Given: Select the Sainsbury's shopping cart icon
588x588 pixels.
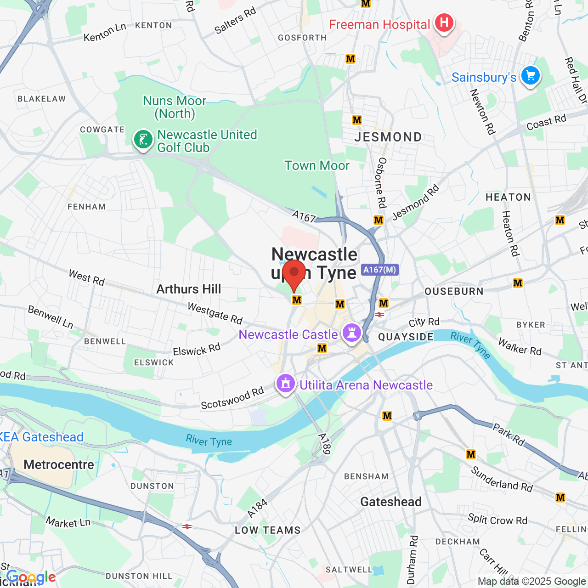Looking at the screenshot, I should click(531, 76).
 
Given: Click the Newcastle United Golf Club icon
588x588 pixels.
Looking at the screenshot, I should click(143, 139).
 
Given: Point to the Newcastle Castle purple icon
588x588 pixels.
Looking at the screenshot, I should click(352, 334).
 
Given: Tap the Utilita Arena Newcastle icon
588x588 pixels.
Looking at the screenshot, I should click(286, 384).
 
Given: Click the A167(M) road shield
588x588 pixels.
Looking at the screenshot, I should click(379, 270).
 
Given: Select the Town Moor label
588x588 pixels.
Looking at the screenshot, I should click(317, 165).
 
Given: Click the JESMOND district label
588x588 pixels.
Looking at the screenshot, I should click(388, 137).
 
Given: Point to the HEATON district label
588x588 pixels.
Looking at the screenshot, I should click(508, 197).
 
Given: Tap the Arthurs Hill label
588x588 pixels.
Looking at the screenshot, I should click(188, 289).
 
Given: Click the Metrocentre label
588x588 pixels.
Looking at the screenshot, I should click(59, 464).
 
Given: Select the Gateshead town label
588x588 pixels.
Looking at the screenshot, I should click(391, 502).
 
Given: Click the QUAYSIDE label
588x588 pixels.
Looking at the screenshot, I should click(406, 337).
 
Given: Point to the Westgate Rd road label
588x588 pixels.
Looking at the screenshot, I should click(215, 313).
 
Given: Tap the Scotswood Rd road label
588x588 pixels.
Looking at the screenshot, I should click(232, 398).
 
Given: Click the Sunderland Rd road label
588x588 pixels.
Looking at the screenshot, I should click(502, 479).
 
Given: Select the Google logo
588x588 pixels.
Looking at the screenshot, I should click(31, 577).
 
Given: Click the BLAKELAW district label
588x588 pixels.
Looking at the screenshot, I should click(42, 99).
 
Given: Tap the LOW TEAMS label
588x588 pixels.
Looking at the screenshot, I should click(267, 530).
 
